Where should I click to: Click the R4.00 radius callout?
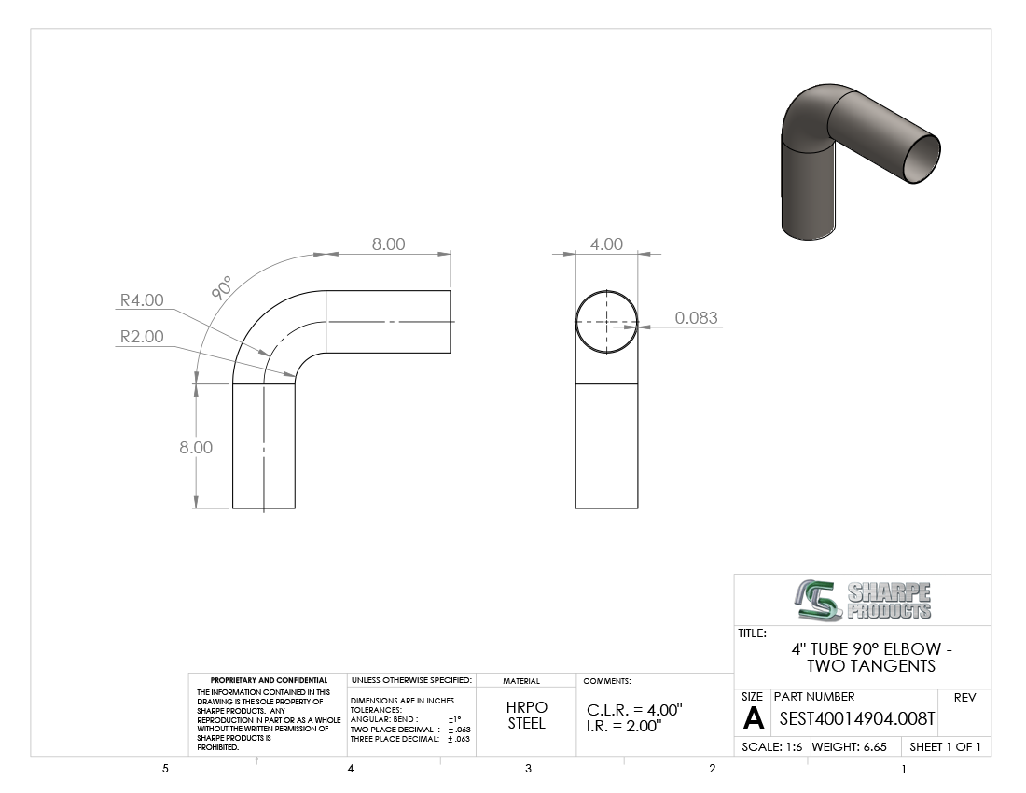coord(142,300)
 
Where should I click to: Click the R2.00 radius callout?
coord(142,336)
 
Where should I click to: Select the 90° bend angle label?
coord(223,288)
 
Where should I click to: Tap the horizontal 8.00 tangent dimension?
coord(389,244)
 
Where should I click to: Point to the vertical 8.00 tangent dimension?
coord(196,448)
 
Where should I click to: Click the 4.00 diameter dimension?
coord(606,244)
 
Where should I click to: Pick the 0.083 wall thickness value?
coord(696,318)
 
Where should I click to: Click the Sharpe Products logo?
coord(863,600)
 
